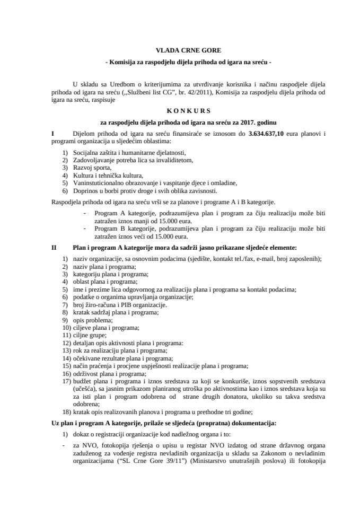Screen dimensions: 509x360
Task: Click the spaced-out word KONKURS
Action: [181, 126]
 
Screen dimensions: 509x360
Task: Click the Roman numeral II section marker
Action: [54, 247]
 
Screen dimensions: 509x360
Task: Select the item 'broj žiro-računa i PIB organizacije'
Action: [122, 304]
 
